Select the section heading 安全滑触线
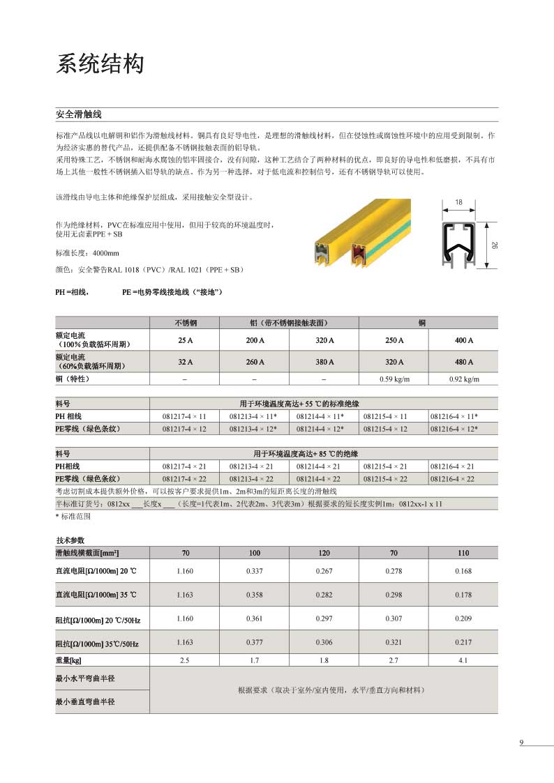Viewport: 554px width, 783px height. [79, 114]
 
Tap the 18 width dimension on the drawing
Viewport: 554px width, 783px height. [458, 202]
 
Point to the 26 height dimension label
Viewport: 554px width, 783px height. [494, 245]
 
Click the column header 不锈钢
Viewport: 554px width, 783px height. [185, 323]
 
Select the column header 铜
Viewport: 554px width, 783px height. [428, 323]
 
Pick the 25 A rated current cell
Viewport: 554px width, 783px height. [185, 340]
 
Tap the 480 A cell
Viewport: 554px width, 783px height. [463, 362]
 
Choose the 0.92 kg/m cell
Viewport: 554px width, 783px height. [463, 379]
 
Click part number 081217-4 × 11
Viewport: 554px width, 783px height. [184, 416]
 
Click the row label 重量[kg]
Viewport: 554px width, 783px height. [69, 660]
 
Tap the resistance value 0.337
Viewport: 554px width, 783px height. [255, 571]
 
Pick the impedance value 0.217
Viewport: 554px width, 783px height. [463, 643]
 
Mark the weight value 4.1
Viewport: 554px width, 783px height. [463, 660]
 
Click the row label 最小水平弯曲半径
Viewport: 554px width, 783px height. [84, 678]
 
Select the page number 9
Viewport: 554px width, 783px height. [521, 742]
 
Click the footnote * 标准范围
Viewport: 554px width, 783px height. [73, 517]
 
